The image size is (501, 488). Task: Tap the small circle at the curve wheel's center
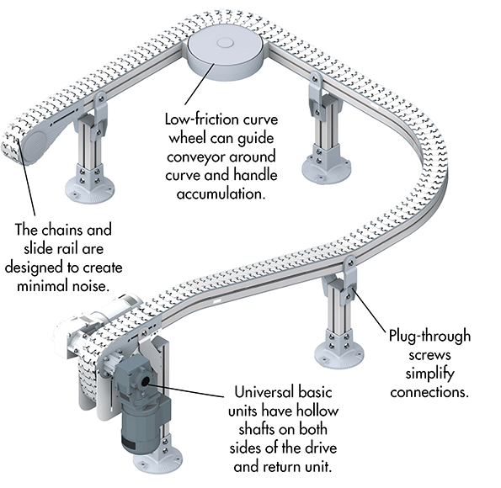[x=225, y=43]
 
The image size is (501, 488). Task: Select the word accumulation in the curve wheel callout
[x=221, y=194]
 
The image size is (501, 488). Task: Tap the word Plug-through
[x=429, y=337]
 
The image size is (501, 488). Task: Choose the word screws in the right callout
[x=429, y=355]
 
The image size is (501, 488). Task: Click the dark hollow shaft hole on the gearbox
[x=146, y=381]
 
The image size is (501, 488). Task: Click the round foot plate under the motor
[x=157, y=460]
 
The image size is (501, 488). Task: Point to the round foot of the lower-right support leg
[x=339, y=353]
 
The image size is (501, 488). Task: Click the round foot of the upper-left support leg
[x=90, y=188]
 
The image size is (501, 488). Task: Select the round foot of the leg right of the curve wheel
[x=327, y=167]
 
